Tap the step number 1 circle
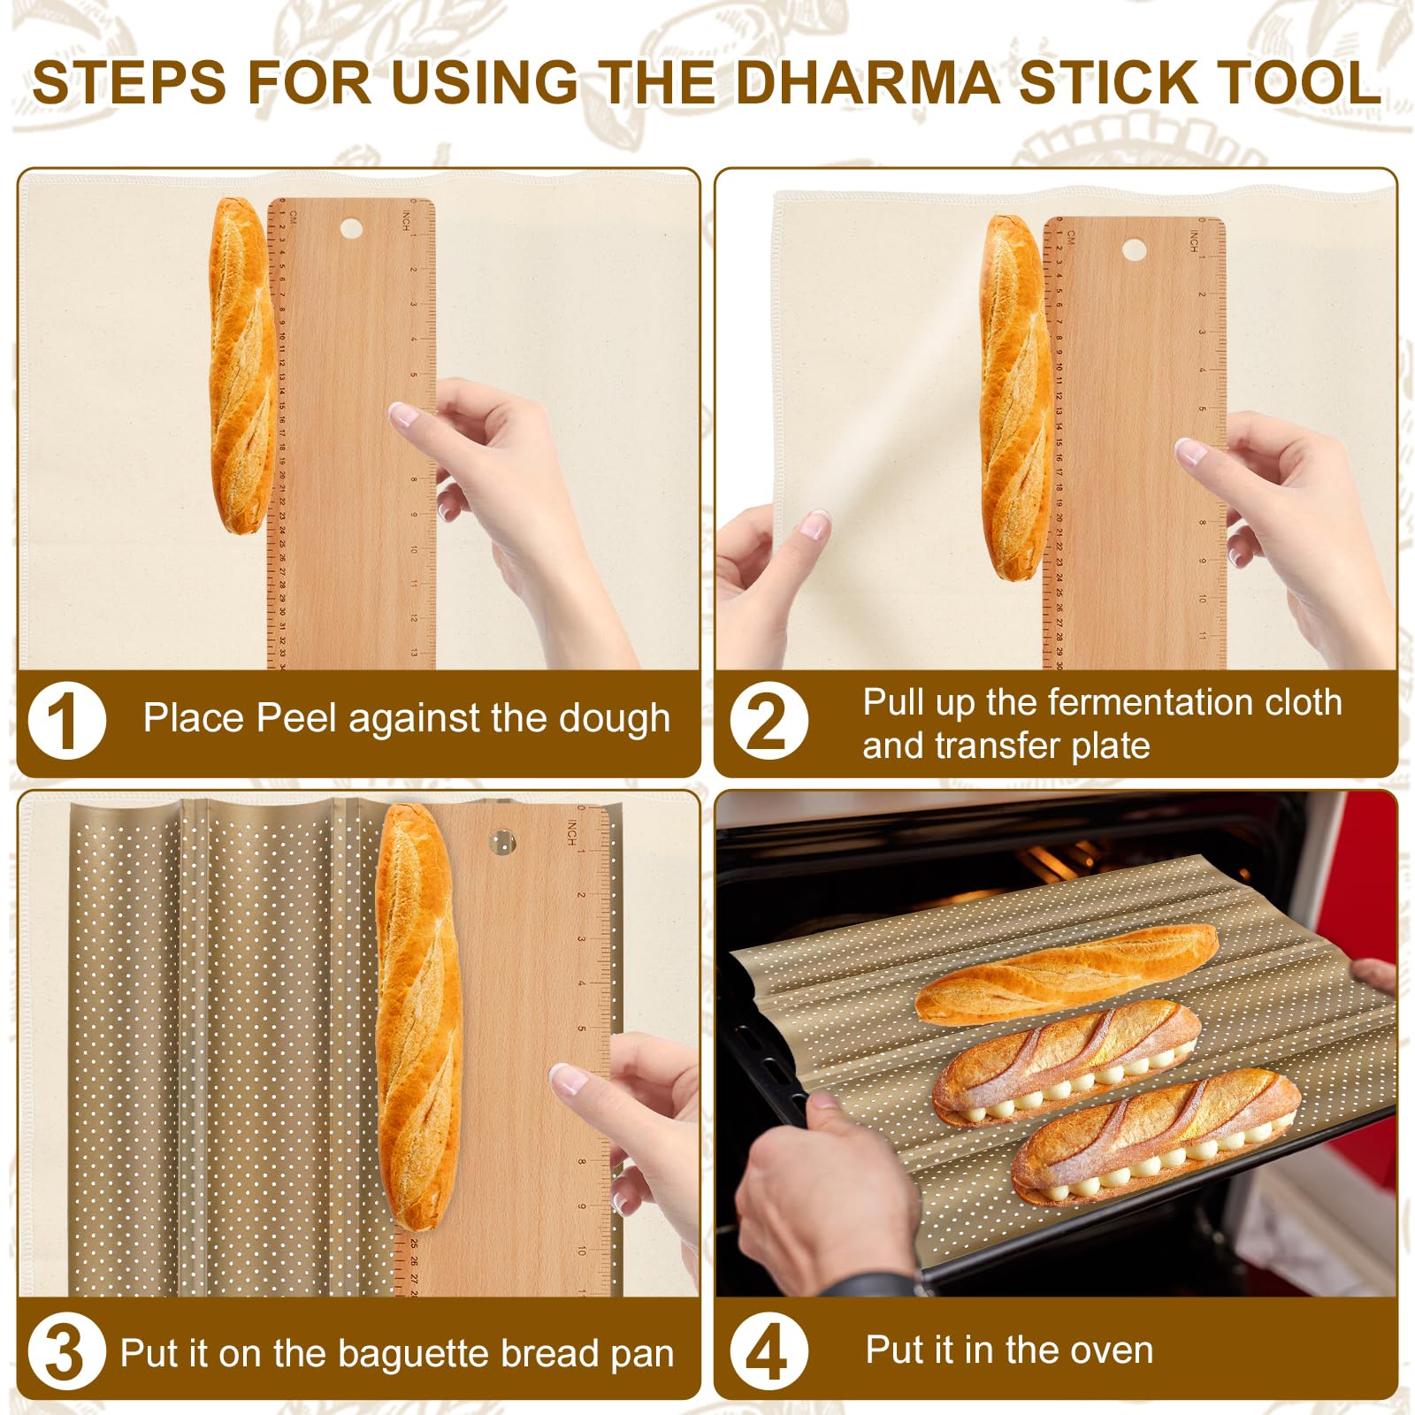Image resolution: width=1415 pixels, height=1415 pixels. (66, 721)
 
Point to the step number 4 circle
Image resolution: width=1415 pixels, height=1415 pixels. (768, 1351)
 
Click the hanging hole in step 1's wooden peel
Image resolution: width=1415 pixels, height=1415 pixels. (351, 229)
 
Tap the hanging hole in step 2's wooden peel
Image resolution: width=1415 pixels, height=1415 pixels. (1134, 248)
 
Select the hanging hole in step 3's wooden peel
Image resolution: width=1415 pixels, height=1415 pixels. (502, 841)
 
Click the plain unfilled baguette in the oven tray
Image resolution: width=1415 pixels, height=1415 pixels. (1066, 973)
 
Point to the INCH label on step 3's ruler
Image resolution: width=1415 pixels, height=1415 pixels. (572, 831)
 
